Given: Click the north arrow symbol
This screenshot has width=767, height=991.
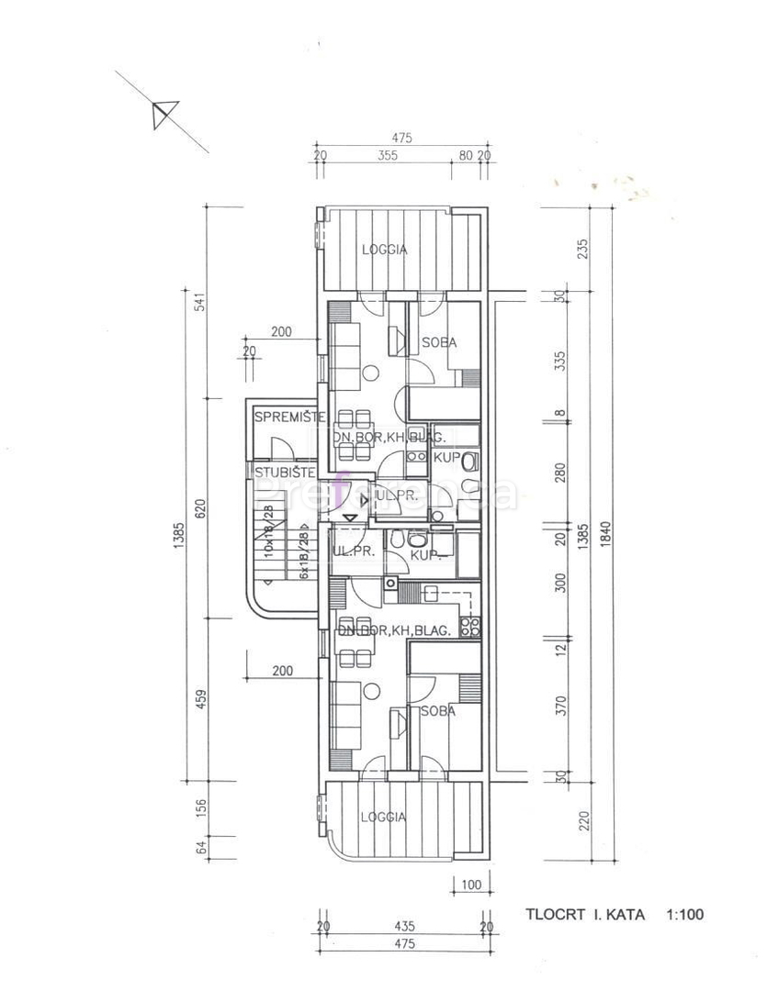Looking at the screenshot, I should point(162,115).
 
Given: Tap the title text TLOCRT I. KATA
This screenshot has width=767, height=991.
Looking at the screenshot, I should point(584,914).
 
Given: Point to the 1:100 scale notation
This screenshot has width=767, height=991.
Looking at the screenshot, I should point(685,914).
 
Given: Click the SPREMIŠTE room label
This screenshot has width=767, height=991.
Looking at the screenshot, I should point(289,418).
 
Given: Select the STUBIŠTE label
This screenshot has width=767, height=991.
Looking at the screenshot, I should point(286,473).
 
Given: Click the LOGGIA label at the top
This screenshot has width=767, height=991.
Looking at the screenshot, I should point(384,249).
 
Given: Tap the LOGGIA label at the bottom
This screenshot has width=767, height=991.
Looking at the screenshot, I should point(382,818).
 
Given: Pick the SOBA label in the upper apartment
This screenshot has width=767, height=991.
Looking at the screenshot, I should point(439,343).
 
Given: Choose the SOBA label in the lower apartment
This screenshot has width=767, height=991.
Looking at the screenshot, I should point(438,711).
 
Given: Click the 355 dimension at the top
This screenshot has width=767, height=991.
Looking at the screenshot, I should point(387,156).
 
